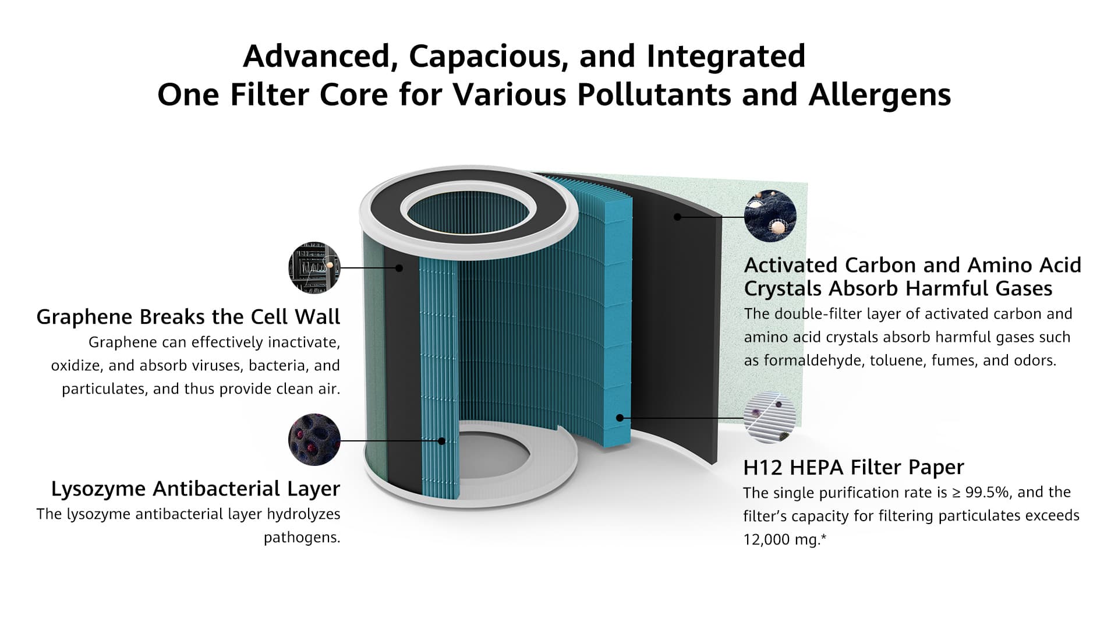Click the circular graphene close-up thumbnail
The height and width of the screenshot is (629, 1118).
tap(314, 268)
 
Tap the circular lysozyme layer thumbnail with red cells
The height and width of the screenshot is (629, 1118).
tap(314, 440)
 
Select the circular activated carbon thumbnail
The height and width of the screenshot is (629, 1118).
tap(770, 215)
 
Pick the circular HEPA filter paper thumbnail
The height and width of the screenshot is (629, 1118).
tap(770, 418)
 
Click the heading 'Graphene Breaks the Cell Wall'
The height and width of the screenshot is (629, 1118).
tap(188, 317)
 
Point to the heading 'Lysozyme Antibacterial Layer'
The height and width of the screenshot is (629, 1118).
tap(196, 489)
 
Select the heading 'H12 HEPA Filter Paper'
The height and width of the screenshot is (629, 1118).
tap(854, 467)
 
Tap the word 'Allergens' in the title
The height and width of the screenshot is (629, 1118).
tap(879, 95)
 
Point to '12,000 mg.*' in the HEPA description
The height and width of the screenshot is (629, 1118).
tap(785, 540)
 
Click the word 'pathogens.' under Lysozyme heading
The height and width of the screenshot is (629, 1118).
tap(302, 538)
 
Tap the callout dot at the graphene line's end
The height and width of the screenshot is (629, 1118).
tap(399, 268)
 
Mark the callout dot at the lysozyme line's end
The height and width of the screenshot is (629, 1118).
tap(441, 441)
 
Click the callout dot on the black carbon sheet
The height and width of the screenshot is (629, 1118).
tap(677, 217)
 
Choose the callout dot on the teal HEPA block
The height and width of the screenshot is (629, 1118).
tap(620, 418)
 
